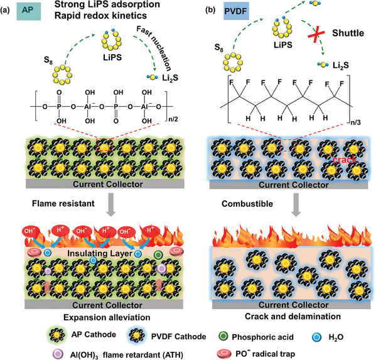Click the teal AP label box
click(x=29, y=11)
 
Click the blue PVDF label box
click(x=236, y=11)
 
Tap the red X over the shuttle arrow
click(x=316, y=35)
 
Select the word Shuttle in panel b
click(x=348, y=33)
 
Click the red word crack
click(x=345, y=160)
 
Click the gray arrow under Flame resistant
click(x=110, y=204)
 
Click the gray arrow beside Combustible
click(x=296, y=204)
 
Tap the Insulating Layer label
click(x=100, y=253)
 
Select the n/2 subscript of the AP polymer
click(x=173, y=119)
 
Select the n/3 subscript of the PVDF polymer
click(x=356, y=123)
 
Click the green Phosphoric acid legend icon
click(x=223, y=336)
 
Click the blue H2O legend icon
click(x=316, y=337)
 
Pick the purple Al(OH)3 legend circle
click(x=58, y=354)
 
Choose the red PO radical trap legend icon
click(x=224, y=354)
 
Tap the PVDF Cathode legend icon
click(x=137, y=335)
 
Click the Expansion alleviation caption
click(x=107, y=317)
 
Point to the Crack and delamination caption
click(x=293, y=316)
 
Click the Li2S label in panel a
click(x=170, y=78)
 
